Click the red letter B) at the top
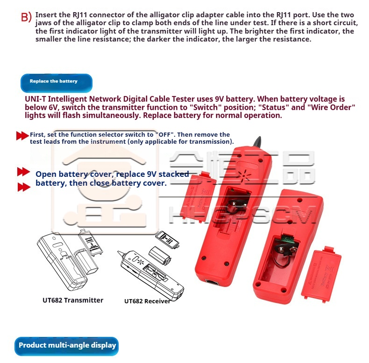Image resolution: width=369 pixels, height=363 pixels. coord(26,17)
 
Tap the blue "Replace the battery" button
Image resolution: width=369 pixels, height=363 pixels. coord(57,83)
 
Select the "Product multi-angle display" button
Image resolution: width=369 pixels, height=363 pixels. coord(66,346)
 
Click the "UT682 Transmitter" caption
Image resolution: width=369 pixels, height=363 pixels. coord(73,300)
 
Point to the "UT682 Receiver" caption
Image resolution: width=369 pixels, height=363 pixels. coord(147,301)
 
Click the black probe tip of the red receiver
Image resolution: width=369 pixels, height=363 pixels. coord(257,142)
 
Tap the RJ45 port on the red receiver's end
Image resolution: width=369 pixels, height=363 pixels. coord(212,282)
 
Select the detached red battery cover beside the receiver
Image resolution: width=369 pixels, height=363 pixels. coord(198,197)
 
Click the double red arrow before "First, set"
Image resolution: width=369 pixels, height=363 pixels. coord(22,136)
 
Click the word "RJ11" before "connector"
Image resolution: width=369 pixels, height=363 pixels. coord(80,15)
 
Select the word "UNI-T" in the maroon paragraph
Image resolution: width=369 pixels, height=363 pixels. coord(35,99)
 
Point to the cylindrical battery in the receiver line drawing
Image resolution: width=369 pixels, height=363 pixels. coord(160,256)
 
